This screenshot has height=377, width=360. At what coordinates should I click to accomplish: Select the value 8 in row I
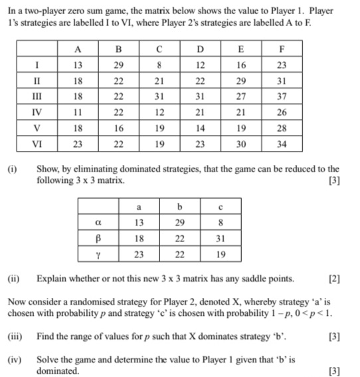tap(159, 64)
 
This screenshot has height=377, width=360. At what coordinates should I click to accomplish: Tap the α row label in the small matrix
tap(98, 221)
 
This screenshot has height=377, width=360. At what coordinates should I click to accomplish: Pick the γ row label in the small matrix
tap(98, 253)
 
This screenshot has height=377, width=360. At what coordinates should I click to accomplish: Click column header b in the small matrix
tap(180, 207)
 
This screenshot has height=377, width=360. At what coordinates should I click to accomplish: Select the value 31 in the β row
tap(220, 237)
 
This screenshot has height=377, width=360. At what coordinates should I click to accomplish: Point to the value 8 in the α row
tap(220, 221)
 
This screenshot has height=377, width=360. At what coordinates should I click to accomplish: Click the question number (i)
tap(12, 169)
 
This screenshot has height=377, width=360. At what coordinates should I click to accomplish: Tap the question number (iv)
tap(13, 359)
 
